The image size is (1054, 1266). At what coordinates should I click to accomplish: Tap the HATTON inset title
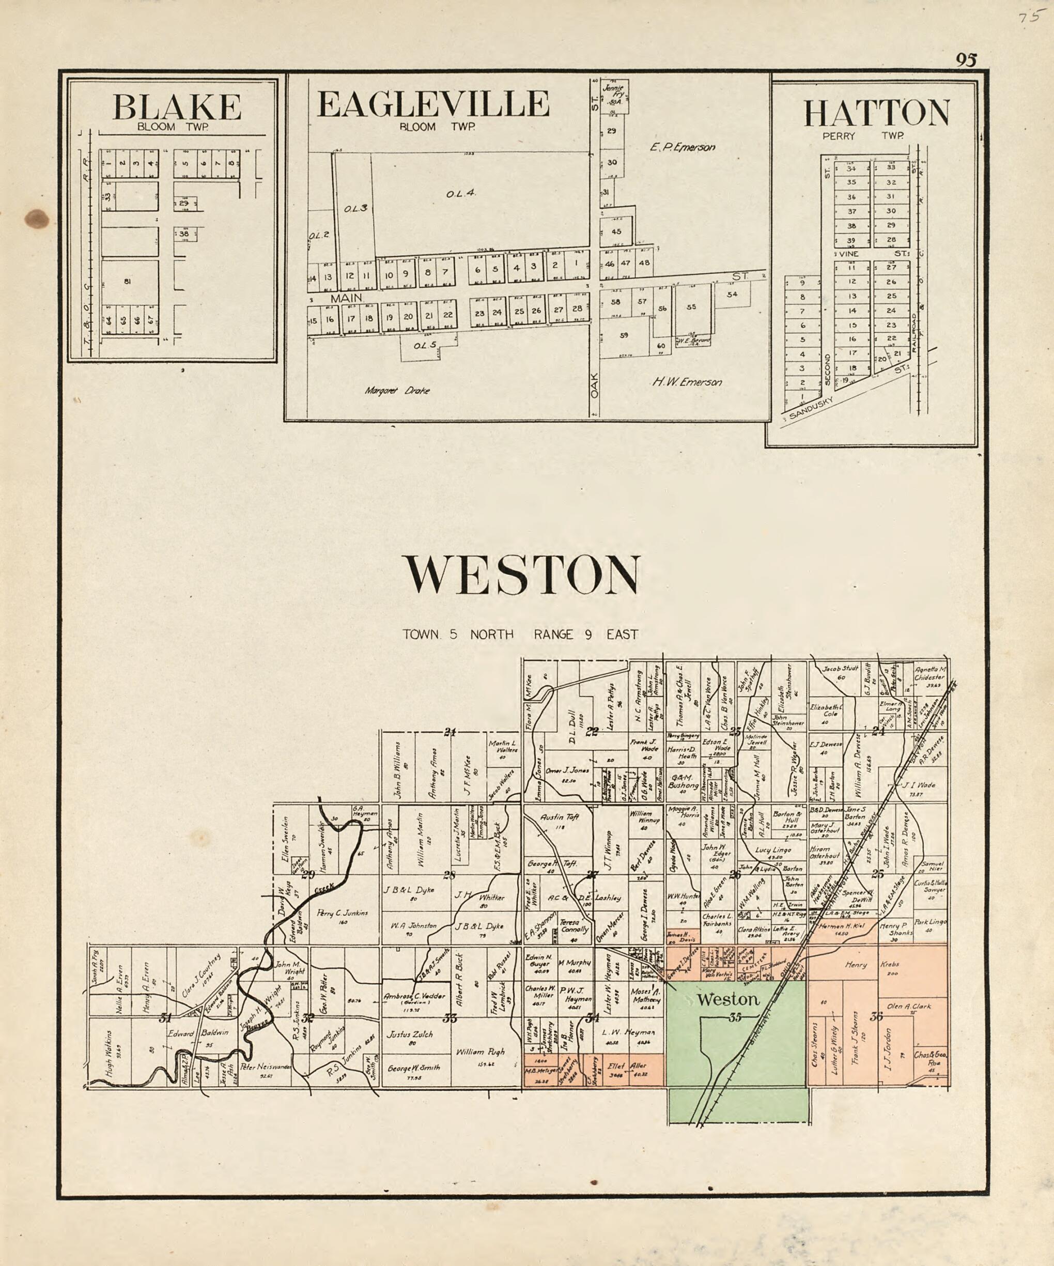point(876,113)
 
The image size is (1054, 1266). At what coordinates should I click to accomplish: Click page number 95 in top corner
point(966,60)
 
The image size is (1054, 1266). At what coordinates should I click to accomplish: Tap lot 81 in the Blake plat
point(127,281)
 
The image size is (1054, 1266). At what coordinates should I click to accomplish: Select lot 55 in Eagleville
point(691,307)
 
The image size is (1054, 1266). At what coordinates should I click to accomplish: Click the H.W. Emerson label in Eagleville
point(687,381)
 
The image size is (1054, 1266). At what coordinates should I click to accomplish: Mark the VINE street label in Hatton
point(850,254)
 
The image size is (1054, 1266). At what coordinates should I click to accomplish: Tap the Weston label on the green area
point(728,999)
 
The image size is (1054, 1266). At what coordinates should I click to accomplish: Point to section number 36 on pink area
point(876,1016)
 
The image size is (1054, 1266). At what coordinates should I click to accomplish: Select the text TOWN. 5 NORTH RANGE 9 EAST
point(521,634)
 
